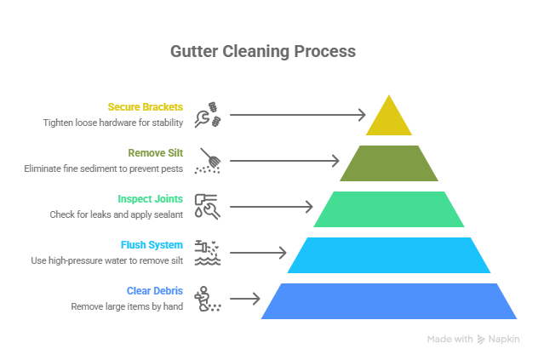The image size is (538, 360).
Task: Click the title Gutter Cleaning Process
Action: [262, 51]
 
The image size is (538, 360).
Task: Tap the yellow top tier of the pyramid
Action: [389, 119]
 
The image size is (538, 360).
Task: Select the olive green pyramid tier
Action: [389, 163]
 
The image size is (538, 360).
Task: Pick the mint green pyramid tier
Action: [389, 209]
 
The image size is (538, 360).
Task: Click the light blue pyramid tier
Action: [389, 255]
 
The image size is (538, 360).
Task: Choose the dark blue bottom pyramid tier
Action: [389, 301]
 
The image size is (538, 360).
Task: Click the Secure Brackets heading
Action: [145, 107]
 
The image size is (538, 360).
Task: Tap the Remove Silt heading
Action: [155, 153]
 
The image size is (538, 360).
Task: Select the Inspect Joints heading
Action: [151, 199]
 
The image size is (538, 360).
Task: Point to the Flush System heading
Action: [152, 245]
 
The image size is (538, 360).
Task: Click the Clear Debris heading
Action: [155, 291]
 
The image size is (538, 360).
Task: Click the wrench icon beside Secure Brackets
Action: [209, 115]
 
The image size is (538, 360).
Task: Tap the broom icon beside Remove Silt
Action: [209, 161]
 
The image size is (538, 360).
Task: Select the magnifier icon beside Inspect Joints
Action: [209, 207]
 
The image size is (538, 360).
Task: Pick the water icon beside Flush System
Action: [209, 253]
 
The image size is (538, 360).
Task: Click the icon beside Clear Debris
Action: [209, 299]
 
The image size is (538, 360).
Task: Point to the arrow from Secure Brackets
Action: [297, 114]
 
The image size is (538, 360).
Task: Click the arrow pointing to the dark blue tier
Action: [244, 299]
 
